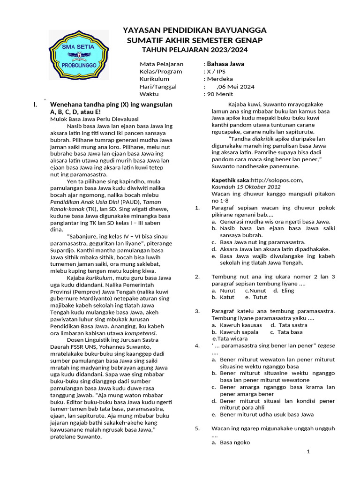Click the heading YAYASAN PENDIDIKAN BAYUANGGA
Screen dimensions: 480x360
pyautogui.click(x=195, y=30)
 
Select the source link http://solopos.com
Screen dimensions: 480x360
pyautogui.click(x=277, y=180)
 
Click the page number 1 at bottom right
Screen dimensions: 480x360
pyautogui.click(x=308, y=452)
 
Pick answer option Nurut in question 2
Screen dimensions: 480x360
pyautogui.click(x=227, y=291)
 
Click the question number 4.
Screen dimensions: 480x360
pyautogui.click(x=197, y=345)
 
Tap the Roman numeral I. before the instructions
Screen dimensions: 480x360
pyautogui.click(x=35, y=105)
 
